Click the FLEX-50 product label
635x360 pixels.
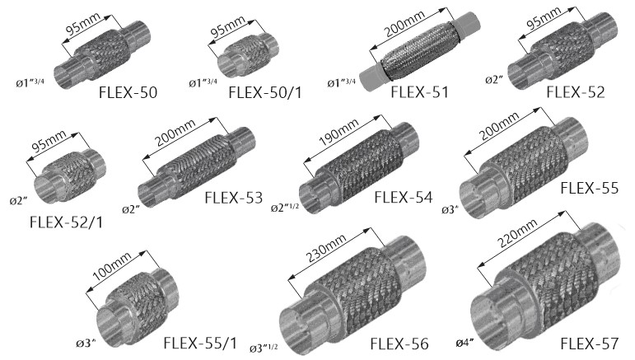tap(128, 93)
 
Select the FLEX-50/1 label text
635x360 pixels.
tap(265, 93)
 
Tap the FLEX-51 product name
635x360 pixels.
tap(419, 92)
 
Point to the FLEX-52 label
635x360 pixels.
tap(576, 92)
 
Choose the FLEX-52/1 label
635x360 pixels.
tap(67, 222)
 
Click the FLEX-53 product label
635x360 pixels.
tap(234, 198)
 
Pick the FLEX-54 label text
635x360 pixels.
tap(404, 198)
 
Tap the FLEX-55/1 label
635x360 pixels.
tap(200, 343)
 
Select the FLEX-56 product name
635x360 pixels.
tap(399, 344)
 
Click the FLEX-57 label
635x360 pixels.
tap(590, 344)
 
